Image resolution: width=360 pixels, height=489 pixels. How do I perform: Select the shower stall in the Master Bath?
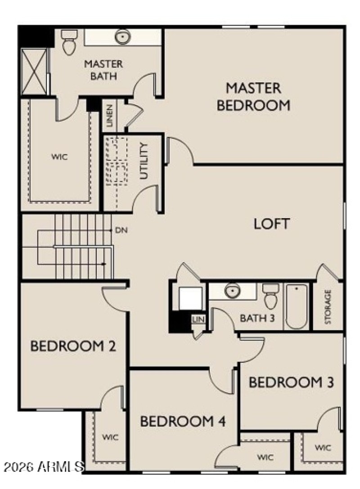tap(34, 72)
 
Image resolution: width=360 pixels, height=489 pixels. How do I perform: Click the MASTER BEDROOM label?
tap(253, 96)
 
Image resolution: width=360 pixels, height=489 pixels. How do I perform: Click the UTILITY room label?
tap(144, 161)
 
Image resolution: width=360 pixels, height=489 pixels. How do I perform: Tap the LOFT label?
tap(271, 224)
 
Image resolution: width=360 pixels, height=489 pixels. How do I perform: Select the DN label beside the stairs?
tap(121, 230)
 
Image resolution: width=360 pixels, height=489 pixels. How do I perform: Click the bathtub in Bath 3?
tap(297, 305)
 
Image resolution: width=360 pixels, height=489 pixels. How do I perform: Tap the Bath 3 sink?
tap(232, 291)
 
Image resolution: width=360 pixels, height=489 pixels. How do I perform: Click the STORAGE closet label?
tap(328, 306)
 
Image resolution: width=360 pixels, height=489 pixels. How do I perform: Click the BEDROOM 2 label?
tap(73, 346)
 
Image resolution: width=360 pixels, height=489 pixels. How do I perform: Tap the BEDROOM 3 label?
tap(291, 383)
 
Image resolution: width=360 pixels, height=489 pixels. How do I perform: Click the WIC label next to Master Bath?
tap(59, 157)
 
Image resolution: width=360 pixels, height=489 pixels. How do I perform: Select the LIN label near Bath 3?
tap(198, 319)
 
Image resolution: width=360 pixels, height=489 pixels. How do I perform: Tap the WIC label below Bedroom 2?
tap(110, 437)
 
